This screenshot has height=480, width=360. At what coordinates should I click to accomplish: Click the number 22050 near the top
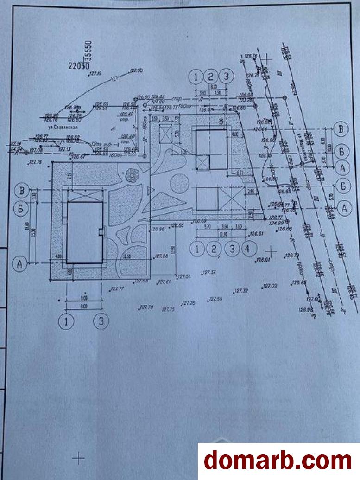(78, 66)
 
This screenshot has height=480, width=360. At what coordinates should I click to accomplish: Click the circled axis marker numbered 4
(248, 249)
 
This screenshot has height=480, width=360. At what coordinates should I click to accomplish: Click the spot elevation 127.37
(209, 272)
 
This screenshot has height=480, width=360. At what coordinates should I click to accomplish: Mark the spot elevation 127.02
(270, 286)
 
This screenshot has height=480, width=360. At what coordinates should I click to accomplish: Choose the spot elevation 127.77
(117, 288)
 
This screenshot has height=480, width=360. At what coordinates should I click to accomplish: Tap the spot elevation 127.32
(241, 291)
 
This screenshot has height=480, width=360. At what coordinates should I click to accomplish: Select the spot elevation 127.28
(161, 256)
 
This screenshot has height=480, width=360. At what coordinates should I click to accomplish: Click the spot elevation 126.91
(263, 260)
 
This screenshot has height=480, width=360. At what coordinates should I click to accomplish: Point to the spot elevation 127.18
(35, 162)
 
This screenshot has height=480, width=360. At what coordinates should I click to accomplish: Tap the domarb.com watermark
(278, 461)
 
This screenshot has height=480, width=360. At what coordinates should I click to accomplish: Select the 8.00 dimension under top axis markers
(213, 86)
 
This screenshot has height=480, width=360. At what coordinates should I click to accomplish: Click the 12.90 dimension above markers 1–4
(223, 235)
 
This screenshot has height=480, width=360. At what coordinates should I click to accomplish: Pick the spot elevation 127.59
(216, 299)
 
